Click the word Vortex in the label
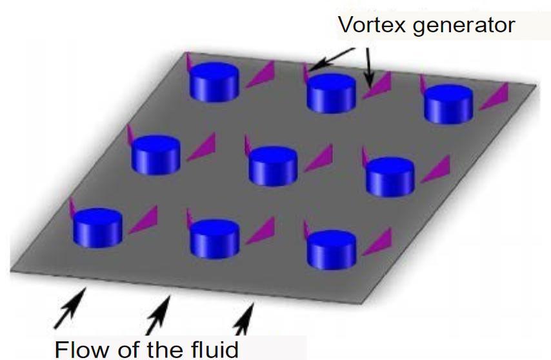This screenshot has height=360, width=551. [368, 25]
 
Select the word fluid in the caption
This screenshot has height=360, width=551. [211, 349]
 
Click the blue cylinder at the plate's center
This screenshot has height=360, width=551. [273, 166]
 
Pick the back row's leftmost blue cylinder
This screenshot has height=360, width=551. [214, 82]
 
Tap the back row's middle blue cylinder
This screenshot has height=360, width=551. [331, 94]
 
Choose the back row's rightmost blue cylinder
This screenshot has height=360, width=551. [448, 104]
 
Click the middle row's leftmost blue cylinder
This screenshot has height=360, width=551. [155, 154]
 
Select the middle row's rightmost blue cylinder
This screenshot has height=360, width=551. [390, 176]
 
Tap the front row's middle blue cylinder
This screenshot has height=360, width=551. [215, 239]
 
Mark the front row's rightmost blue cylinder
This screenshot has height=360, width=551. [331, 249]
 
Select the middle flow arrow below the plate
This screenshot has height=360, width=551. [157, 312]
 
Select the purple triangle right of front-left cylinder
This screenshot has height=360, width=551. [143, 219]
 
